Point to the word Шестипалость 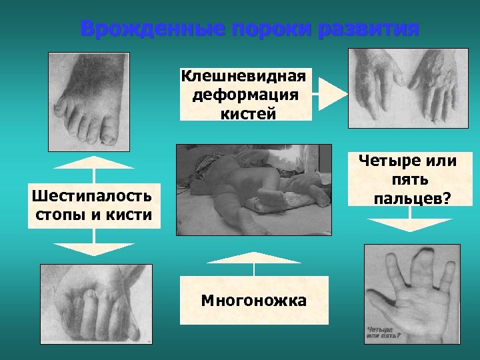coord(93,195)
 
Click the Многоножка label coord(253,301)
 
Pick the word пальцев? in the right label coord(411,198)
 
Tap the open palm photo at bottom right coord(411,293)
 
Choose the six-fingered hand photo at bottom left coord(96,303)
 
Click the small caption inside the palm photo coord(383,331)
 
